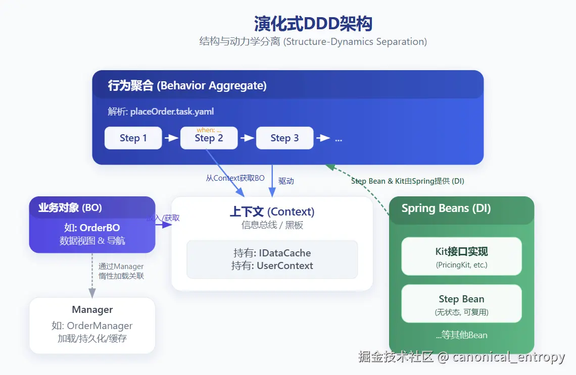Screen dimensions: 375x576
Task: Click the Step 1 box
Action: pos(133,138)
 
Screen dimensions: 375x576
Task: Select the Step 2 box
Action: pos(209,138)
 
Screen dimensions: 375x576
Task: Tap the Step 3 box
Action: pos(284,138)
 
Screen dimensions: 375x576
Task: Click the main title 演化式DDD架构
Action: pos(313,24)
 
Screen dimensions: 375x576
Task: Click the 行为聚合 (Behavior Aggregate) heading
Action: pos(187,86)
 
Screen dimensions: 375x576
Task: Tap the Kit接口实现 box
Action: pos(461,256)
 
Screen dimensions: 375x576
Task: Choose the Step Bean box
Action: pos(461,303)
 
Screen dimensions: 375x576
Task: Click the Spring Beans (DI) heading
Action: pos(446,208)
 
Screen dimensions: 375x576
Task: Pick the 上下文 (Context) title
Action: pos(272,211)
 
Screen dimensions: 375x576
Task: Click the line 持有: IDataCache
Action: pos(272,253)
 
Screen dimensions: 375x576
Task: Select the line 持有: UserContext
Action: pos(272,266)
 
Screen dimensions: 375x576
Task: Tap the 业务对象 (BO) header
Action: pos(70,207)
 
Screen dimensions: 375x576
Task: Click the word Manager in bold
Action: pos(92,310)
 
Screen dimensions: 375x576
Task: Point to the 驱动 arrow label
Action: pos(286,181)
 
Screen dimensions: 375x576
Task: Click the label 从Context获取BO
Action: pos(235,178)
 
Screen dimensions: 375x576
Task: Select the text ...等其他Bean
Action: pos(461,335)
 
